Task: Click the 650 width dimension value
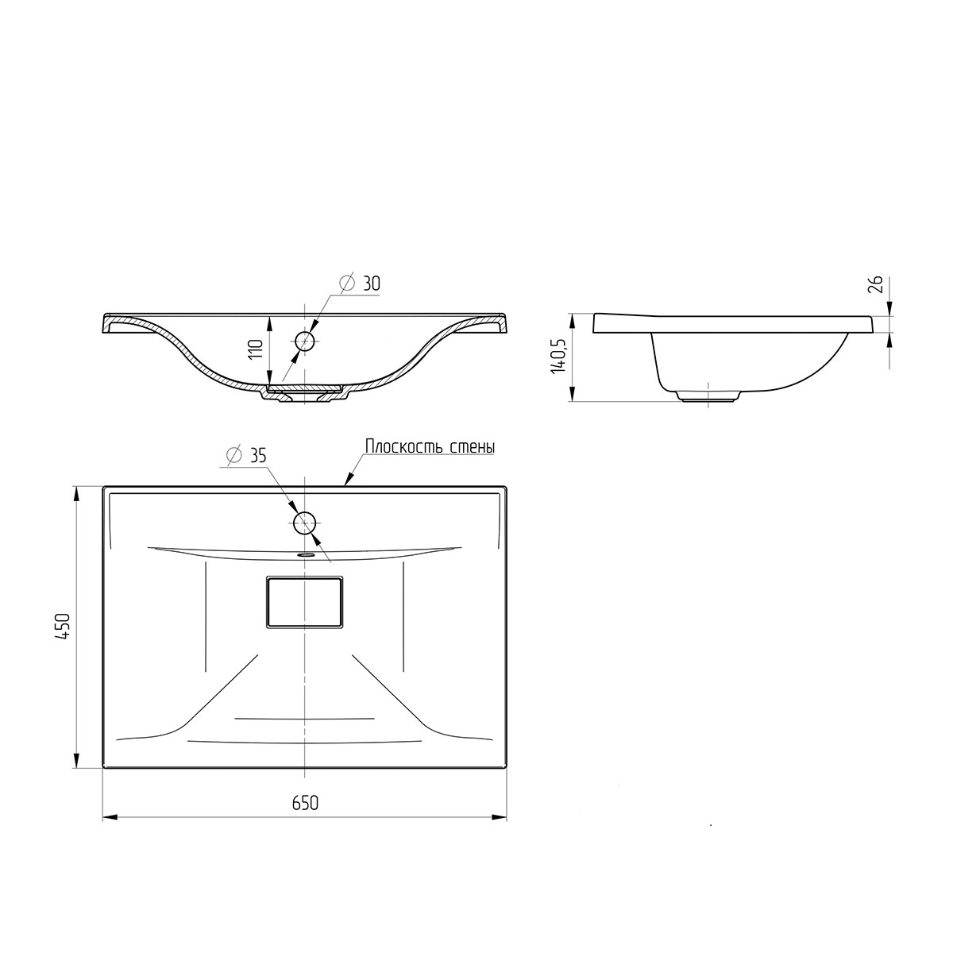coord(305,817)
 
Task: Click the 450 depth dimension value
coord(64,627)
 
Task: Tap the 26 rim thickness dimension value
coord(875,284)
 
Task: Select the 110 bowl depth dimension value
coord(255,350)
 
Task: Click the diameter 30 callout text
coord(361,283)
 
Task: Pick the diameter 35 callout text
coord(245,455)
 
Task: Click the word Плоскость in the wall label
coord(405,446)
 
